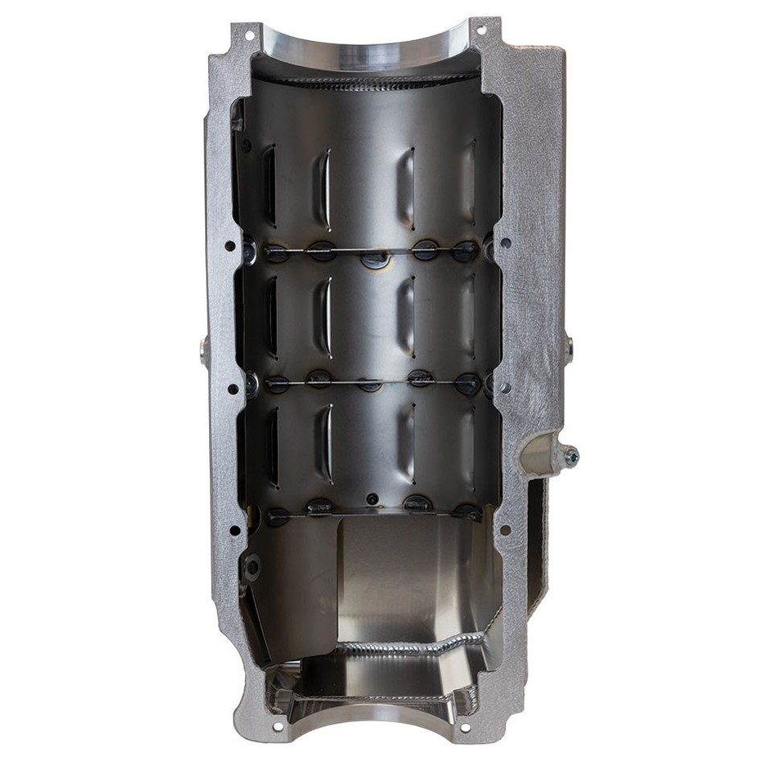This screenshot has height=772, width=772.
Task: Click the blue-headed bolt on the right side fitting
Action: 572,457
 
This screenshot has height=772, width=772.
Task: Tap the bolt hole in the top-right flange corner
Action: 482,31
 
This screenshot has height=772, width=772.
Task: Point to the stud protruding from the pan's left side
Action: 204,349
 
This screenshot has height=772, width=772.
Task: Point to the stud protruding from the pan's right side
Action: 569,349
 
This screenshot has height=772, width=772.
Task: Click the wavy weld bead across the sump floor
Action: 410,646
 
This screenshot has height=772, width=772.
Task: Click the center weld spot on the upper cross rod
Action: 376,259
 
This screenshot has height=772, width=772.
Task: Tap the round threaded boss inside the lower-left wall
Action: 253,568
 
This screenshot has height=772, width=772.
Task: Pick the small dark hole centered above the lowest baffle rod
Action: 371,499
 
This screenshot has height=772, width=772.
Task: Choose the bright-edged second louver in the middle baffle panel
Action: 325,318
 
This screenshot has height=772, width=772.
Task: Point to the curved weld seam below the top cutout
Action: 370,81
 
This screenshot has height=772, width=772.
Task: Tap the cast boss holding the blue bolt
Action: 540,455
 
